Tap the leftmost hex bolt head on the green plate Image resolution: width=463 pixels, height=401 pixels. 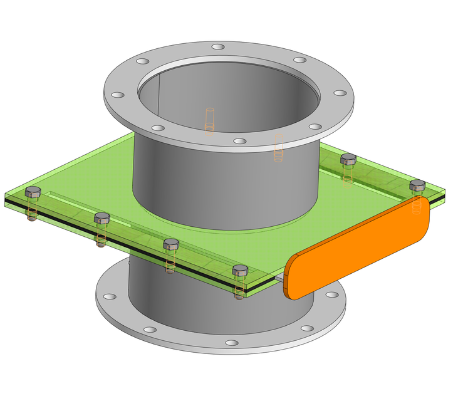click(x=33, y=191)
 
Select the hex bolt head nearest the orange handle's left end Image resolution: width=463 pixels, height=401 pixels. click(x=239, y=270)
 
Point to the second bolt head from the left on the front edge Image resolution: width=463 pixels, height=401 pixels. click(x=102, y=218)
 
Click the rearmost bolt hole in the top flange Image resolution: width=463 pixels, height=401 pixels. click(x=217, y=47)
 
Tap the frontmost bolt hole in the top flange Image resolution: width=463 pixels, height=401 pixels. click(x=240, y=141)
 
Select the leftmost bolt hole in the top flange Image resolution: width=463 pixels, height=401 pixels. click(x=117, y=95)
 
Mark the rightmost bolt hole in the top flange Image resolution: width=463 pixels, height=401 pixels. click(x=340, y=93)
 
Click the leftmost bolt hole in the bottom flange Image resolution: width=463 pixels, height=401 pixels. click(x=110, y=296)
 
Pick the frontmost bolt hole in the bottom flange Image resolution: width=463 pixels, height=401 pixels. click(x=231, y=343)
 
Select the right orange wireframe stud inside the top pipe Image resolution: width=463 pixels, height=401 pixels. click(x=279, y=149)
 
